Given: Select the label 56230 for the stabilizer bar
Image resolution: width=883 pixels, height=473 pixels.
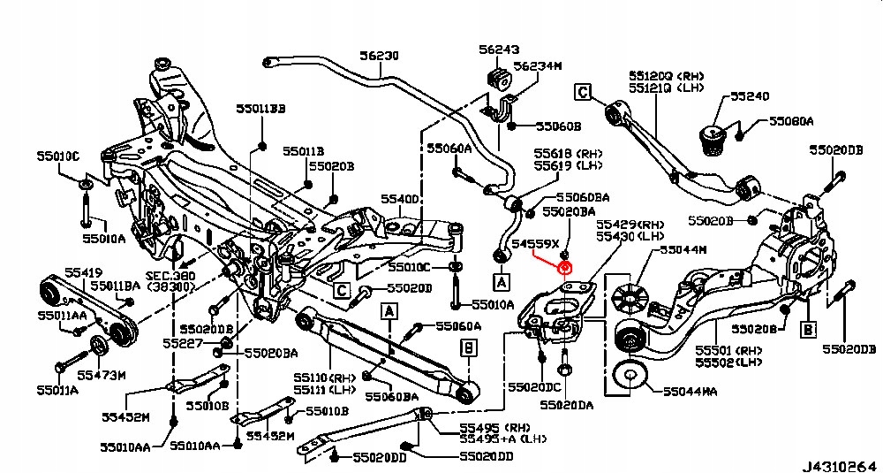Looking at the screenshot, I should [379, 56].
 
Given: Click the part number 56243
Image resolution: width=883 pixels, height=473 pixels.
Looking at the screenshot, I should [499, 50].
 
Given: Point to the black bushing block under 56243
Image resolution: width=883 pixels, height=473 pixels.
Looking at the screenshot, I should [500, 77].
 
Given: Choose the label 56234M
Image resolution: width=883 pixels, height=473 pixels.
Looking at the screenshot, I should [538, 65].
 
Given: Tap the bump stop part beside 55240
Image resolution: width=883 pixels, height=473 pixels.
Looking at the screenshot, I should [713, 136].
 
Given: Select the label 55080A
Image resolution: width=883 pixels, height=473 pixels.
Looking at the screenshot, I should [791, 120].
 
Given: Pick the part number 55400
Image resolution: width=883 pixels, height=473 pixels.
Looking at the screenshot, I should [399, 199].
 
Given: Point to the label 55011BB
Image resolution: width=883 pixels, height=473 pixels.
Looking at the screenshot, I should [260, 109].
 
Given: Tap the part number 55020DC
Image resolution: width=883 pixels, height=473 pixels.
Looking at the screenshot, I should [535, 388].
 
